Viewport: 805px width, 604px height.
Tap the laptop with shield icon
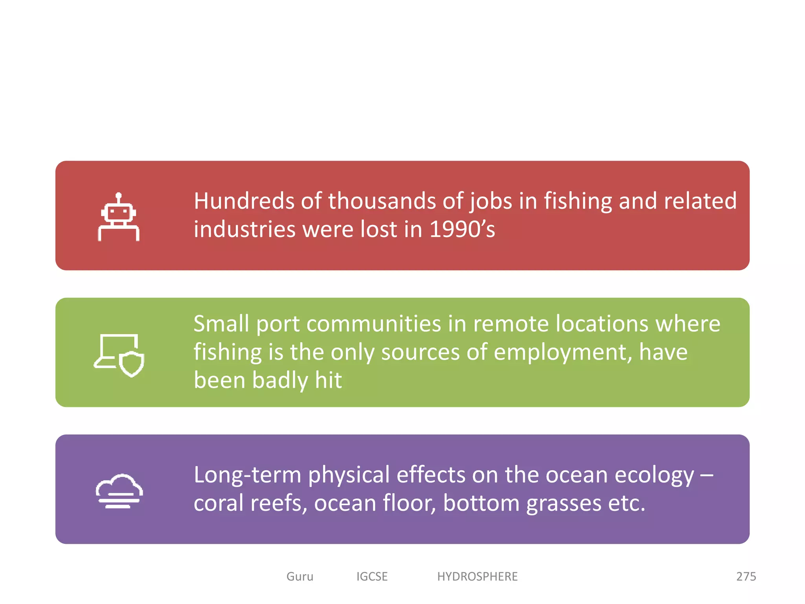click(x=119, y=355)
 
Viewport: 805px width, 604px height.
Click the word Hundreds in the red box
click(x=244, y=201)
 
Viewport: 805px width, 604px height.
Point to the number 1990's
click(x=462, y=229)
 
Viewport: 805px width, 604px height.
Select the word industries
click(x=244, y=229)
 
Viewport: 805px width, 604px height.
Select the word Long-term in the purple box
click(x=247, y=475)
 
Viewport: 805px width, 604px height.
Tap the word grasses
click(x=564, y=504)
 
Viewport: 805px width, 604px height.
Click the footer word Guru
click(x=300, y=576)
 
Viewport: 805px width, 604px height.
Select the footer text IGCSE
click(x=372, y=576)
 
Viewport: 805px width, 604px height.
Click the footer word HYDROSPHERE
click(x=477, y=576)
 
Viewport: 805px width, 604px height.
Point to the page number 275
click(x=746, y=576)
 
